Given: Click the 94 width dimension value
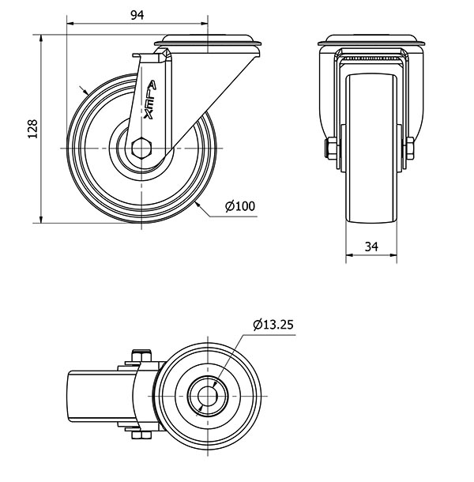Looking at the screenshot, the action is click(137, 15).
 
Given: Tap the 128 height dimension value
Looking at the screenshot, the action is click(32, 129).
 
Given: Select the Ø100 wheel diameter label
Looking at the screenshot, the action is click(240, 206).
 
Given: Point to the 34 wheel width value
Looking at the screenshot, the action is click(371, 247).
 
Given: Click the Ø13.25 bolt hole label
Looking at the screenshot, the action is click(273, 324).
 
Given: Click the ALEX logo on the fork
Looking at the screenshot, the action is click(150, 100).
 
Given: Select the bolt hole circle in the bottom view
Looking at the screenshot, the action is click(208, 395).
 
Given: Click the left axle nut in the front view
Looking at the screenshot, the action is click(332, 149).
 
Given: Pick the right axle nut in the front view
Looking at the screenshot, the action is click(409, 149).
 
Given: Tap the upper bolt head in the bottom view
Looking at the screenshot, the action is click(141, 355).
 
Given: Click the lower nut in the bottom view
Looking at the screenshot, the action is click(141, 435).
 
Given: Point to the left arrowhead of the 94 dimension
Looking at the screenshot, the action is click(70, 24).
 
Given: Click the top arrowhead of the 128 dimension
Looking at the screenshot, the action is click(41, 38).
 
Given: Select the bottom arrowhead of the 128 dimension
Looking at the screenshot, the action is click(41, 219).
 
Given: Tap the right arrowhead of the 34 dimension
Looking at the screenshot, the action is click(393, 255).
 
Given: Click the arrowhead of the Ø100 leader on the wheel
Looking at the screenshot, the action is click(198, 205).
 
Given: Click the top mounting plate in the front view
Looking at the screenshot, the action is click(371, 40).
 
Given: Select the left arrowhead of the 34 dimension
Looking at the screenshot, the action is click(349, 255).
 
